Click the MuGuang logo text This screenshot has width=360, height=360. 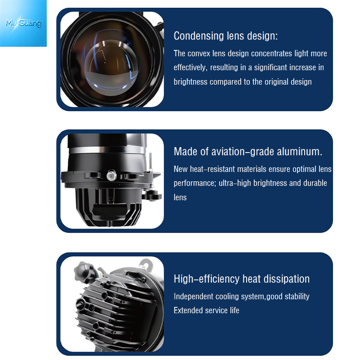click(x=23, y=23)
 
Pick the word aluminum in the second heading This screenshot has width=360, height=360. click(x=299, y=152)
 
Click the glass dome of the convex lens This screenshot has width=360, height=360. click(x=111, y=68)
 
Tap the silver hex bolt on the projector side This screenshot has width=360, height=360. click(x=112, y=175)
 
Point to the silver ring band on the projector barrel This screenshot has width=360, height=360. click(x=107, y=150)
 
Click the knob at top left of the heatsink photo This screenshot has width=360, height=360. click(x=84, y=272)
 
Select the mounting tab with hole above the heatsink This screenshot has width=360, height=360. click(x=145, y=265)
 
